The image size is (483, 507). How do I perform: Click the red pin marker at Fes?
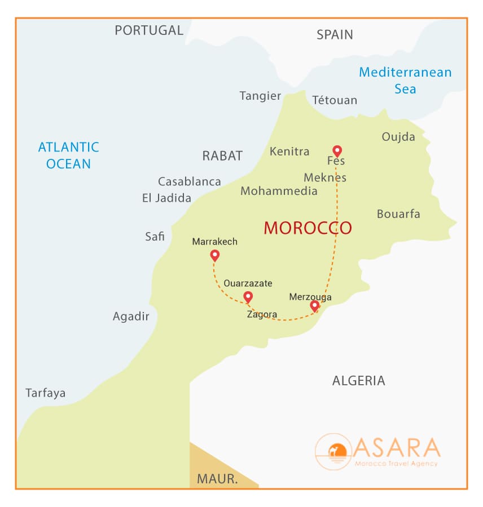click(x=337, y=150)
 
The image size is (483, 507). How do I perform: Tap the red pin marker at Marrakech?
click(x=214, y=256)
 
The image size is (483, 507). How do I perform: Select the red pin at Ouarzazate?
click(x=247, y=296)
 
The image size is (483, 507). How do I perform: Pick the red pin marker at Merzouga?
click(x=315, y=306)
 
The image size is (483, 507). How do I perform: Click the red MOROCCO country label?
click(x=308, y=228)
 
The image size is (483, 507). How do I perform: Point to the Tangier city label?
click(x=260, y=96)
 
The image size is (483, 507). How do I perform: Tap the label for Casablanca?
click(x=189, y=181)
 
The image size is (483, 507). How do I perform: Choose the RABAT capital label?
click(x=222, y=156)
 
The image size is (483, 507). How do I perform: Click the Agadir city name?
click(x=131, y=317)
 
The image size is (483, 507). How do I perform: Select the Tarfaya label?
click(x=45, y=393)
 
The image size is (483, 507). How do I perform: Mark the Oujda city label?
click(x=398, y=137)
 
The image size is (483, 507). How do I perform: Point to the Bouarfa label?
click(x=398, y=214)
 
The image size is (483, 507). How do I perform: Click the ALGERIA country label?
click(x=358, y=381)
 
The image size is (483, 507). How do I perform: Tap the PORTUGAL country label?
click(x=149, y=30)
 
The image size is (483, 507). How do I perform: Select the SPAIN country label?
click(x=335, y=35)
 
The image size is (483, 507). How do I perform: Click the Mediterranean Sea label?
click(x=405, y=81)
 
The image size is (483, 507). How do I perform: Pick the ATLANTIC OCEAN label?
click(x=68, y=155)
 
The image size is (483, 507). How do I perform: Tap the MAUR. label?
click(x=217, y=479)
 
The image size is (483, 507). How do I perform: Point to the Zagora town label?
click(x=262, y=314)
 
